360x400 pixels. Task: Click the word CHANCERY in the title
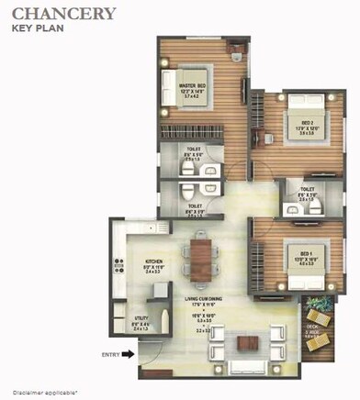(63, 13)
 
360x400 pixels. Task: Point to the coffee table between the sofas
(245, 344)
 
